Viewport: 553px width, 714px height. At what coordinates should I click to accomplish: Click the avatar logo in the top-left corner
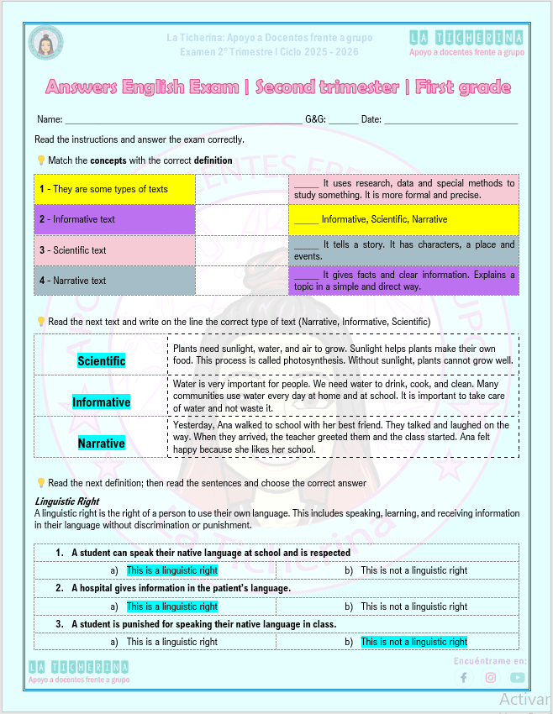pos(45,44)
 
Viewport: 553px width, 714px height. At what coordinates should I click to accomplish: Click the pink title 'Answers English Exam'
pos(278,87)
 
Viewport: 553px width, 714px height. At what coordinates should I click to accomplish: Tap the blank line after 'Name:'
pos(183,120)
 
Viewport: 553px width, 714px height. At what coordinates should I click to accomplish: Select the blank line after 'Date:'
pos(450,120)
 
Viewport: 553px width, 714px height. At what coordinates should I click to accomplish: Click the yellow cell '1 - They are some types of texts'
pos(114,189)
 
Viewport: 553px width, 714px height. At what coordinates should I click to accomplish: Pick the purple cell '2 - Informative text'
pos(114,219)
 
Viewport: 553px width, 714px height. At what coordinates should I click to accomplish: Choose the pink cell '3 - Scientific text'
pos(114,250)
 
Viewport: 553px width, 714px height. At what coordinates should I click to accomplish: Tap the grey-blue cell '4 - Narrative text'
pos(114,281)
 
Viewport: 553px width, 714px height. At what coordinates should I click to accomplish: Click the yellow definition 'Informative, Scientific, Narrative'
pos(403,219)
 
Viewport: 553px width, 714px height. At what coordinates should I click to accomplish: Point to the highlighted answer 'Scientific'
pos(101,361)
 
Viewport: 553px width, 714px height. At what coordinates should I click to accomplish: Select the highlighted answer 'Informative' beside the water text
pos(101,402)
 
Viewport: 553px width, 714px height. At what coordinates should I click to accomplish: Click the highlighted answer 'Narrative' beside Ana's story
pos(101,444)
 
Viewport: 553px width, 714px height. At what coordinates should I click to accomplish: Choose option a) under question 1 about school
pos(171,570)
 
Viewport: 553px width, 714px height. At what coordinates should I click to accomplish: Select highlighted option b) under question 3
pos(413,642)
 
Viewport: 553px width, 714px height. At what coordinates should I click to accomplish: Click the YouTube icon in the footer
pos(517,678)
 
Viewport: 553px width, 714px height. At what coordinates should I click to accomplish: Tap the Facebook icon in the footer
pos(463,678)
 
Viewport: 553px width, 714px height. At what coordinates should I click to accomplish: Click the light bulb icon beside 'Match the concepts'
pos(40,160)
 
